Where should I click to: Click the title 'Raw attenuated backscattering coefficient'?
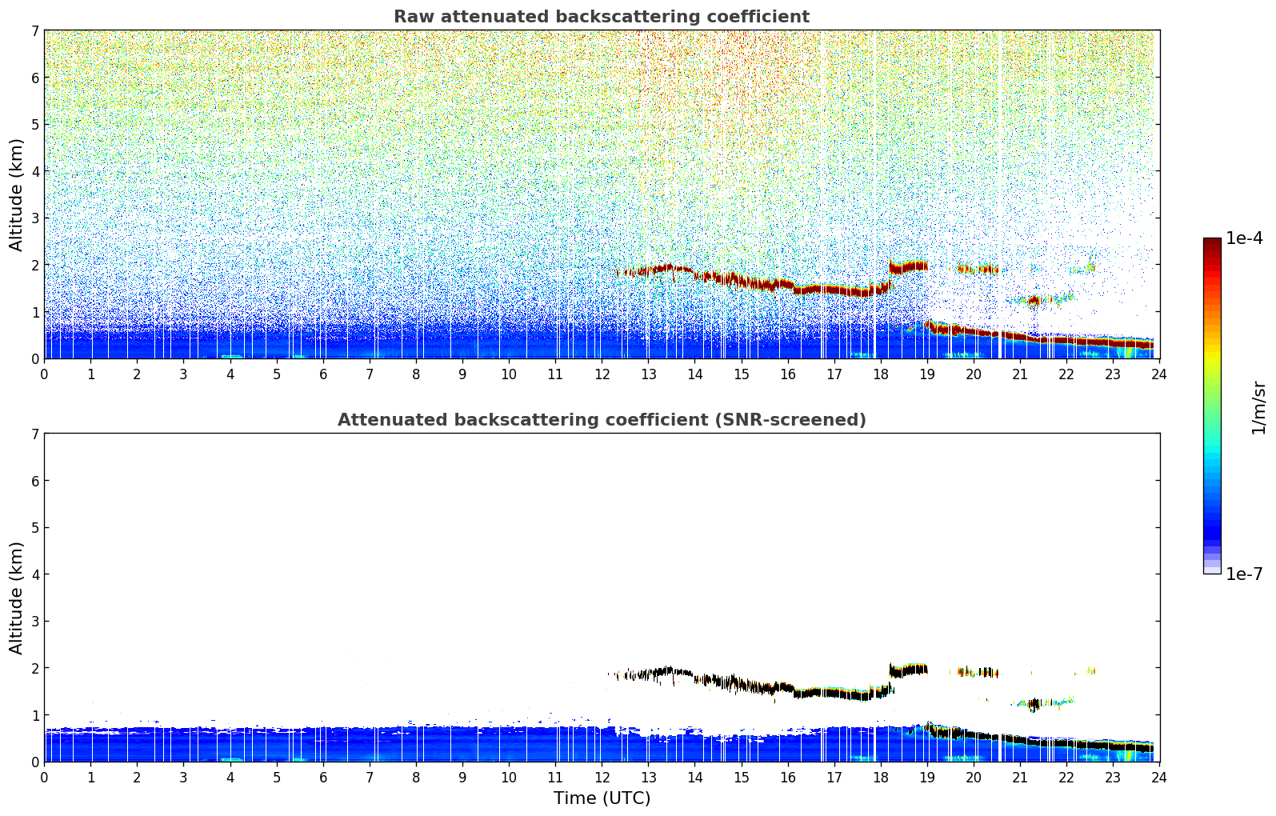[x=601, y=17]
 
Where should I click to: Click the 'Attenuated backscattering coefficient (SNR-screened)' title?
[x=601, y=420]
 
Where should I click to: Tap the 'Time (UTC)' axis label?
[x=602, y=798]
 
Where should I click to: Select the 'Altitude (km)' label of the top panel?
[x=16, y=194]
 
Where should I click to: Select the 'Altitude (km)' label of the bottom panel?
[x=16, y=598]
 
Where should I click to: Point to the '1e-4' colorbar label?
[x=1244, y=238]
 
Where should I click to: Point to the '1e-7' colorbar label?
[x=1244, y=574]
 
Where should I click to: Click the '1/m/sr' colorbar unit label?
[x=1258, y=408]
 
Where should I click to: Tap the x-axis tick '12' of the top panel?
[x=602, y=374]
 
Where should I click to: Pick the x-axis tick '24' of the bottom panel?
[x=1159, y=777]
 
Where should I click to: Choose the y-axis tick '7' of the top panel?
[x=34, y=31]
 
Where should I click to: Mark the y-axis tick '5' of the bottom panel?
[x=34, y=528]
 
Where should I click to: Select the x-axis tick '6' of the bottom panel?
[x=323, y=777]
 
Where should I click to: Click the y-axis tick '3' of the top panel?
[x=34, y=218]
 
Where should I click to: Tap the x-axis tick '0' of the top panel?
[x=44, y=374]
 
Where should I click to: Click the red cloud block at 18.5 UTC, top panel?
[x=908, y=266]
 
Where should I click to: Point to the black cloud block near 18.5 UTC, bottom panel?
[x=908, y=669]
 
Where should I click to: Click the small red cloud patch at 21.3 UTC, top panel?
[x=1034, y=301]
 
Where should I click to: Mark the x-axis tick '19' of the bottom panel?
[x=927, y=777]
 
